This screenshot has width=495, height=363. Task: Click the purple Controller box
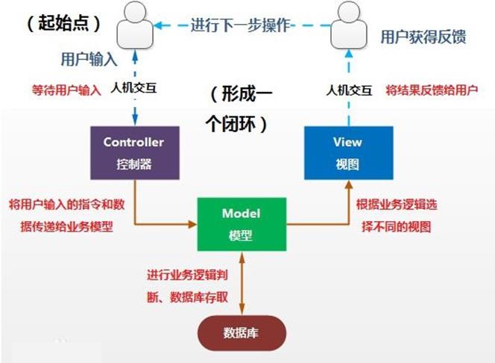[x=135, y=152]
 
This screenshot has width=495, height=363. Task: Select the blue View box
[x=349, y=152]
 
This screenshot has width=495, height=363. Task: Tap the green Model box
[x=242, y=224]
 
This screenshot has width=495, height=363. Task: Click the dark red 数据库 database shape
[x=242, y=333]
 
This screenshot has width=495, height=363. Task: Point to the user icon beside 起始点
[x=135, y=25]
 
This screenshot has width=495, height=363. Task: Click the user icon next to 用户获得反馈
[x=349, y=25]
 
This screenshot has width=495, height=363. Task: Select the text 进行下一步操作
[x=241, y=25]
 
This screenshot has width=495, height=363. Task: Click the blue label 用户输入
[x=89, y=59]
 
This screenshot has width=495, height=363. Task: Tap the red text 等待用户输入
[x=66, y=90]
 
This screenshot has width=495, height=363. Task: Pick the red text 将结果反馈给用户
[x=432, y=90]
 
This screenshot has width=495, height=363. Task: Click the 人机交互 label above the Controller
[x=133, y=88]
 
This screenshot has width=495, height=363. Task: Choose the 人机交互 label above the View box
[x=349, y=90]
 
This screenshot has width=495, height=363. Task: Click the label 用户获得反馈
[x=423, y=37]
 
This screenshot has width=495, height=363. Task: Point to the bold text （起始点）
[x=64, y=23]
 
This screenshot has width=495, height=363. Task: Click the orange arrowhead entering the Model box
[x=192, y=224]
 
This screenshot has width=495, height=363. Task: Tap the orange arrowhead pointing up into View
[x=349, y=184]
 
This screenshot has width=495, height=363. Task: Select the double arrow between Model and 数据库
[x=242, y=283]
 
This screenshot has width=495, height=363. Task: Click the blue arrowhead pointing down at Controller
[x=135, y=120]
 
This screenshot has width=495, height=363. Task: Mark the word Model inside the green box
[x=242, y=214]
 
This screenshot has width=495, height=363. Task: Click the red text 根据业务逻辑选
[x=397, y=205]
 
